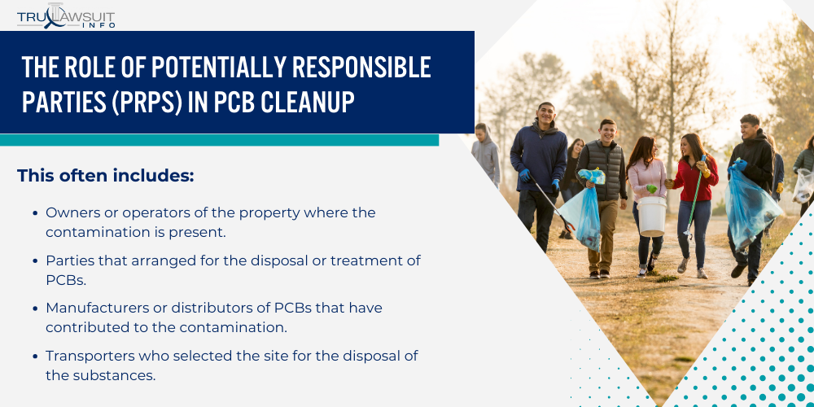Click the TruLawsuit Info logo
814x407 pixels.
(x=66, y=16)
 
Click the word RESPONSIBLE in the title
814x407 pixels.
(x=361, y=67)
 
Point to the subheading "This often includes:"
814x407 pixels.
(x=105, y=176)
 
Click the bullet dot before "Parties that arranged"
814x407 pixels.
(x=35, y=260)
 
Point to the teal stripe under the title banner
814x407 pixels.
(x=219, y=140)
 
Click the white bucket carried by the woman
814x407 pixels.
(x=651, y=216)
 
